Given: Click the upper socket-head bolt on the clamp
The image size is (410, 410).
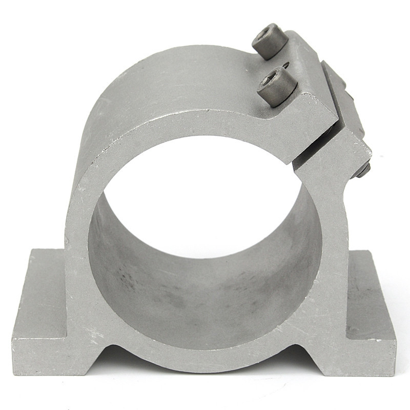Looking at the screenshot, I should pos(270,41).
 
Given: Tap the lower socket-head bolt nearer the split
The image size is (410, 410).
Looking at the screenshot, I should pos(277,86).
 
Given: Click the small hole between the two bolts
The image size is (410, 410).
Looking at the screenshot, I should pos(285,65).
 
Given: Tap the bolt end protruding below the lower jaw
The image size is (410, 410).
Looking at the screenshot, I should pos(363,170).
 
